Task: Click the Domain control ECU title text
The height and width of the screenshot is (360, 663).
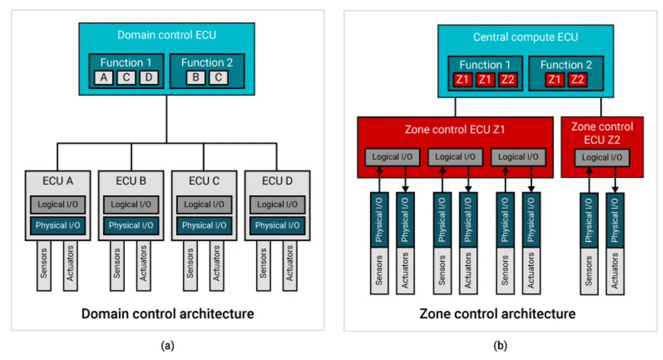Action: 166,36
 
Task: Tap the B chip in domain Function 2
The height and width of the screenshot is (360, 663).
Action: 196,78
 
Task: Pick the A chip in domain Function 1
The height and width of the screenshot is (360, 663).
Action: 104,78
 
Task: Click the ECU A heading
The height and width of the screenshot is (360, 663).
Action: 58,181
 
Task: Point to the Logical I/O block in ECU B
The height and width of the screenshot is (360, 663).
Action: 131,205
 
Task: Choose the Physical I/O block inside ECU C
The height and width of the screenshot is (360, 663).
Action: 204,225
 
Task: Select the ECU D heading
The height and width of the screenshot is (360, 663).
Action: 277,181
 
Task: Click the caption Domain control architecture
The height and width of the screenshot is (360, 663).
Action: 167,313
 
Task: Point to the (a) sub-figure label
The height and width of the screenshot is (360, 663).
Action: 167,346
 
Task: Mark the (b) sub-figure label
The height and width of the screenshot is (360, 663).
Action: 500,346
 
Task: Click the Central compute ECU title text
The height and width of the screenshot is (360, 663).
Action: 525,37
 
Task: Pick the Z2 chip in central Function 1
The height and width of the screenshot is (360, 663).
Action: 507,80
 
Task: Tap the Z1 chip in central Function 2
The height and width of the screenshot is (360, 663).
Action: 555,80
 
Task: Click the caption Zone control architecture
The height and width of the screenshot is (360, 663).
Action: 497,313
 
